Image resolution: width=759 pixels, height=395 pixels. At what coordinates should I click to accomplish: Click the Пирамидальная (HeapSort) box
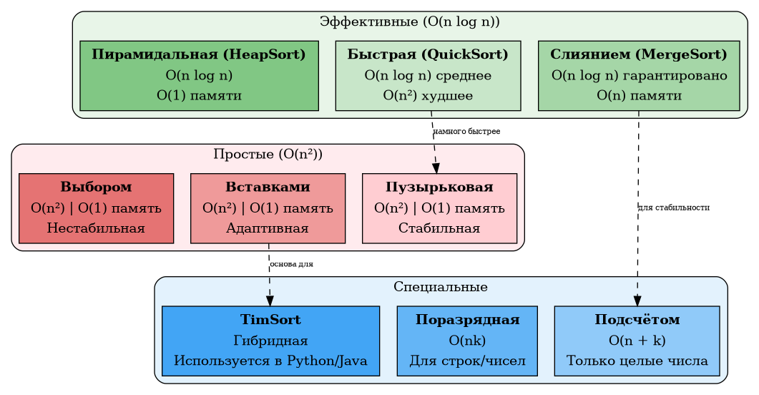[x=199, y=75]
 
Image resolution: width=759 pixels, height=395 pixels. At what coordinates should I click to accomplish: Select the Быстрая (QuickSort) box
[x=428, y=75]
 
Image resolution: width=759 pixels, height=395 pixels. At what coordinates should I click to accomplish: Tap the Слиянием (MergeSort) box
[x=639, y=75]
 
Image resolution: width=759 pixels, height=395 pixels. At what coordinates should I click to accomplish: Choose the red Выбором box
[x=96, y=208]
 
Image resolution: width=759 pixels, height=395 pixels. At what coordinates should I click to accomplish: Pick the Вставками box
[x=268, y=208]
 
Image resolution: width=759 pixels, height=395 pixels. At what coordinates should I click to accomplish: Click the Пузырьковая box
[x=439, y=208]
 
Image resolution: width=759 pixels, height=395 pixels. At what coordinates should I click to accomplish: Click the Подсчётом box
[x=637, y=341]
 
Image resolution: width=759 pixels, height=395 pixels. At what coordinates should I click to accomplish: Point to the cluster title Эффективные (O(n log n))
[x=409, y=21]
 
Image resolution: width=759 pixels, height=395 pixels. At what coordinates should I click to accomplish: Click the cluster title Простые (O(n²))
[x=268, y=154]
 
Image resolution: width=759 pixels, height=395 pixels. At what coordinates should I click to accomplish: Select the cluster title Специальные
[x=441, y=287]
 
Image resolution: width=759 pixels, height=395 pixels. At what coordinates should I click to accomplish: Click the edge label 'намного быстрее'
[x=466, y=132]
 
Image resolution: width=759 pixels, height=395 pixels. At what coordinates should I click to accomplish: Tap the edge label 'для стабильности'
[x=673, y=208]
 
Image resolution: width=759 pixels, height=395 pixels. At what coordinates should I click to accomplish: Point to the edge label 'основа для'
[x=291, y=265]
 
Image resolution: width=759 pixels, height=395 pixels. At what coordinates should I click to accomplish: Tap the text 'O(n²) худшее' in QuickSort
[x=428, y=95]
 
